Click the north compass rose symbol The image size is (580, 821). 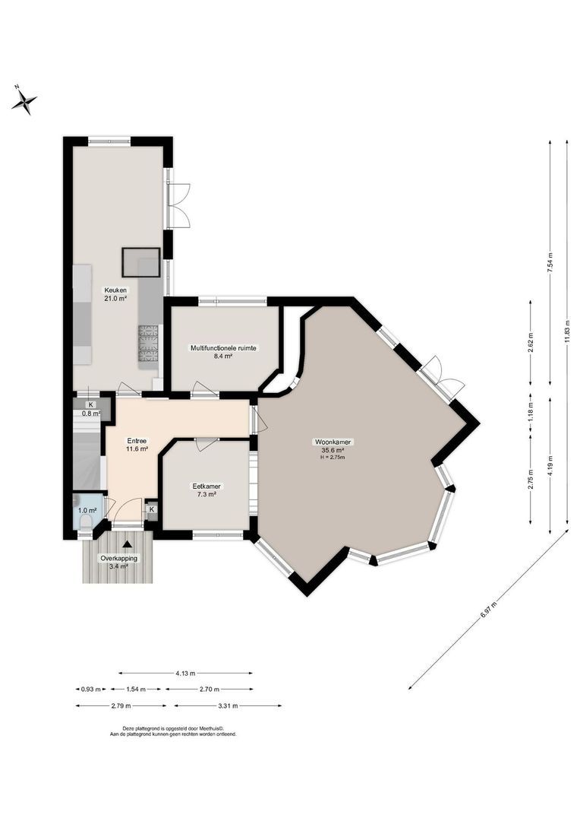tap(25, 100)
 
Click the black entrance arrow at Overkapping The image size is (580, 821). tap(127, 543)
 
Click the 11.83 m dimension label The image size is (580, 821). tap(567, 331)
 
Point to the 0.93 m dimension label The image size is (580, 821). tap(90, 689)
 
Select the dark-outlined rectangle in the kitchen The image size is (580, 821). tap(141, 261)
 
